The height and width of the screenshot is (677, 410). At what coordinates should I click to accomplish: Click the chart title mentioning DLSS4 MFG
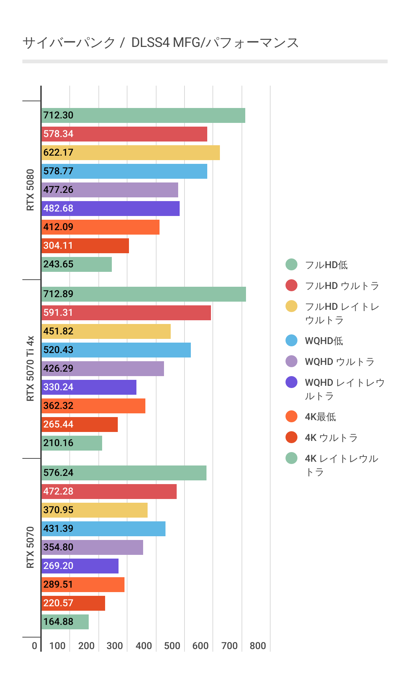(160, 43)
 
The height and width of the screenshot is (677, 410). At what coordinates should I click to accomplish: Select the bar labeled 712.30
(143, 115)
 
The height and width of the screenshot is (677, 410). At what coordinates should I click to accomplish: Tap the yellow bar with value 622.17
(130, 153)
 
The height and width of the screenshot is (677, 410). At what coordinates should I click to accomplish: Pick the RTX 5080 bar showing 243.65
(76, 264)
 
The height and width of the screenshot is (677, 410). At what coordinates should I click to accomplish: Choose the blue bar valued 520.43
(116, 350)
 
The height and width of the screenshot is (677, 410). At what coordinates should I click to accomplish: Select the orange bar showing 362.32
(93, 406)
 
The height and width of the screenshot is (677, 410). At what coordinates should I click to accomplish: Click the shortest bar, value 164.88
(65, 622)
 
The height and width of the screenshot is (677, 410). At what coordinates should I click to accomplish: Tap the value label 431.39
(58, 528)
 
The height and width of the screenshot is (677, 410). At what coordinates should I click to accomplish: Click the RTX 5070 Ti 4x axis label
(30, 369)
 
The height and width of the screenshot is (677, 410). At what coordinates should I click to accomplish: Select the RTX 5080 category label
(30, 190)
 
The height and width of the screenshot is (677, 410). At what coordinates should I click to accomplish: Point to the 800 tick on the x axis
(258, 646)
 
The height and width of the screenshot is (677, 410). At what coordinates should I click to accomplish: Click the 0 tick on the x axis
(34, 646)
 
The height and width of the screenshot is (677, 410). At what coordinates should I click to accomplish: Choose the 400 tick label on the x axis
(143, 646)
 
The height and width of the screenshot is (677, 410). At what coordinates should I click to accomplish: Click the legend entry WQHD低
(324, 341)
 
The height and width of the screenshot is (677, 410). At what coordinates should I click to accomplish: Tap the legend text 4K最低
(320, 417)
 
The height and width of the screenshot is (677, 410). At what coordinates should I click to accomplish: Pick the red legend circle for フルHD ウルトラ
(291, 286)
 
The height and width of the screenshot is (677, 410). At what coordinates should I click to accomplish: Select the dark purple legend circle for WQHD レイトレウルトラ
(291, 382)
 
